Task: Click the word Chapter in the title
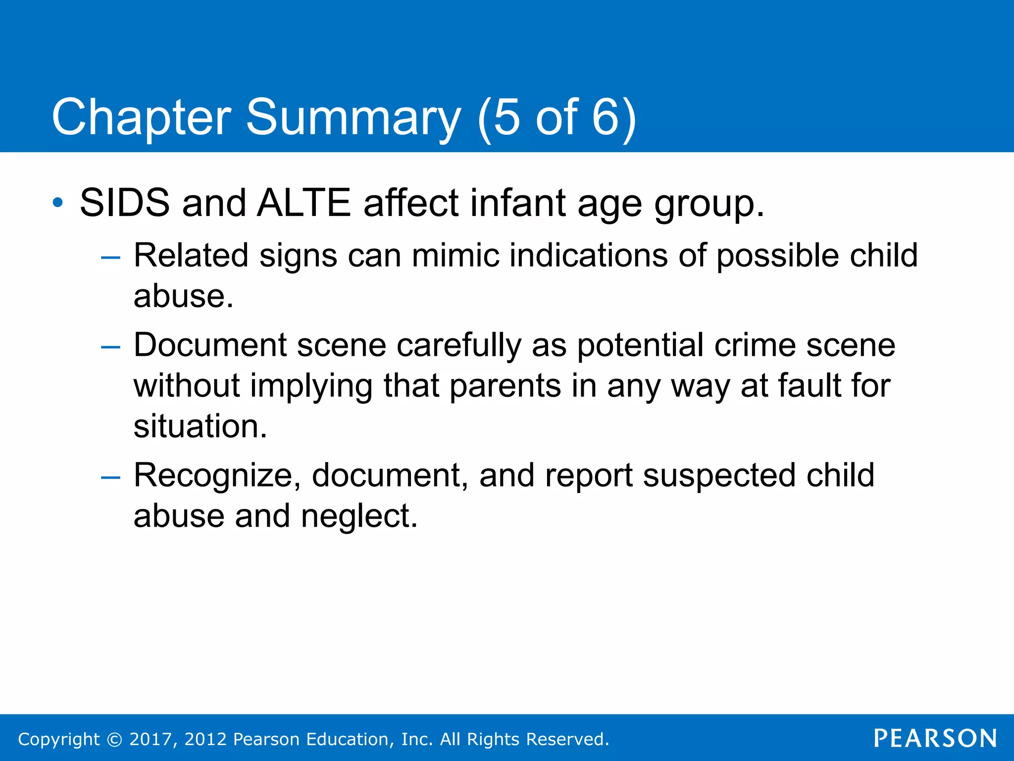[x=141, y=118]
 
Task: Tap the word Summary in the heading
[x=354, y=118]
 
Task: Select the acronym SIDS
[x=124, y=203]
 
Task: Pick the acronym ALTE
[x=304, y=203]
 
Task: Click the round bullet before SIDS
[x=58, y=203]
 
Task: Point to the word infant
[x=517, y=203]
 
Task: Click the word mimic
[x=456, y=256]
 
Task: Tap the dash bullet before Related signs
[x=110, y=258]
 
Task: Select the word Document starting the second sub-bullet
[x=210, y=345]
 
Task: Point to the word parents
[x=505, y=386]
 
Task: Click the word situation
[x=200, y=427]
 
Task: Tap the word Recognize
[x=217, y=476]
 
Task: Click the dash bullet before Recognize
[x=110, y=478]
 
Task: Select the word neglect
[x=359, y=516]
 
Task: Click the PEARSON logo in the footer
[x=935, y=738]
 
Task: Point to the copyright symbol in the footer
[x=114, y=739]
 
